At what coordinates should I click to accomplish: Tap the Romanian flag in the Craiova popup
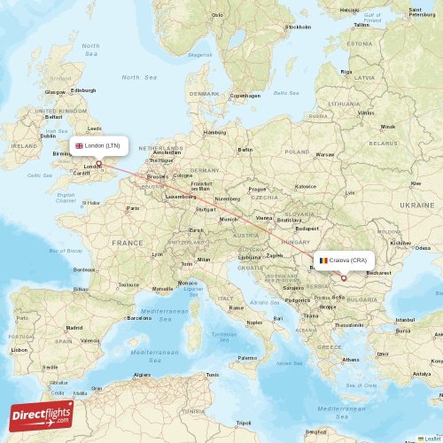(324, 260)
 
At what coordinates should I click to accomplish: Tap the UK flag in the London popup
(79, 145)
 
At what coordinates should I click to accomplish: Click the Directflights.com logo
(42, 415)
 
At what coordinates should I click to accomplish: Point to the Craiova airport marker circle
(344, 277)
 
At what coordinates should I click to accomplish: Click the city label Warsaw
(325, 154)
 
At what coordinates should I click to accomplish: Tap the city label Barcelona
(139, 317)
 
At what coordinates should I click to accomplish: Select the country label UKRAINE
(417, 204)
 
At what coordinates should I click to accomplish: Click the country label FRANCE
(127, 242)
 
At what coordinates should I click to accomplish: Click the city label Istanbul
(405, 319)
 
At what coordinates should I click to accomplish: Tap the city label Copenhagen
(245, 96)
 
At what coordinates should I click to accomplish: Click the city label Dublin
(49, 136)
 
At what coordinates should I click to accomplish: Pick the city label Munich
(229, 218)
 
